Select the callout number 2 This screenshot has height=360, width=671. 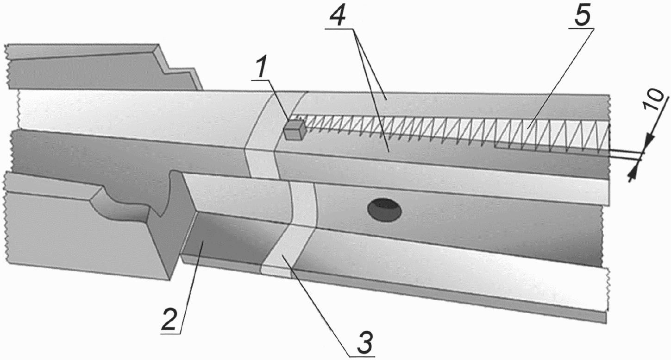pyautogui.click(x=169, y=320)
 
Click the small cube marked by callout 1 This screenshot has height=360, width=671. pyautogui.click(x=295, y=130)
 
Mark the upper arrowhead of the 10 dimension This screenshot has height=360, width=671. pyautogui.click(x=646, y=144)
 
